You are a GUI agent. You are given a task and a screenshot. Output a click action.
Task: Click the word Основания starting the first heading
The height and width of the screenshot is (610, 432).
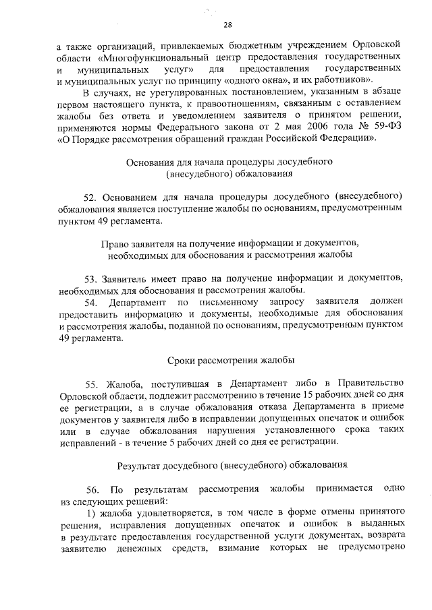tap(148, 162)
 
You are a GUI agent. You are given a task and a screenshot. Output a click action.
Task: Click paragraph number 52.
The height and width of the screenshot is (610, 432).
tap(91, 197)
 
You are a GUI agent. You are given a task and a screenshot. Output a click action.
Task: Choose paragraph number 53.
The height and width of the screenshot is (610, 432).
tap(91, 278)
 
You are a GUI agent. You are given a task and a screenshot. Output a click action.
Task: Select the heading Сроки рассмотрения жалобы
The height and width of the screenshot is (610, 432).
tap(230, 359)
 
